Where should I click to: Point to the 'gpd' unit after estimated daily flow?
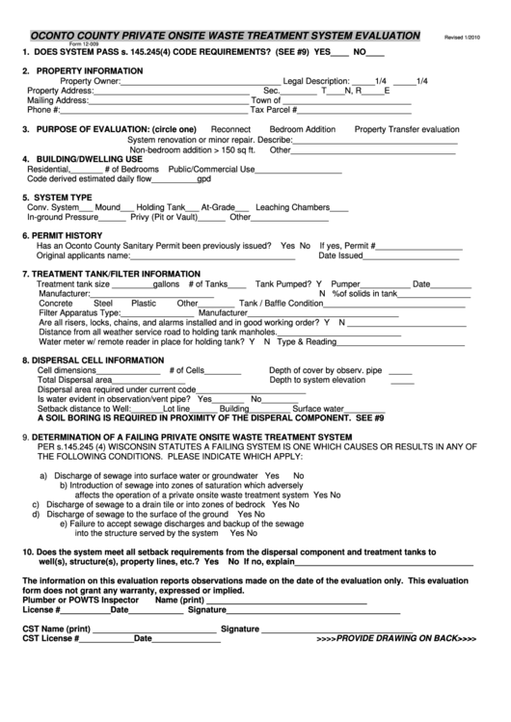click(203, 179)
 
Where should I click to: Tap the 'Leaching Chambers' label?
click(293, 207)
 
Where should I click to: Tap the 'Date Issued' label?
click(340, 255)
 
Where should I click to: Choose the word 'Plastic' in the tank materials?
click(144, 303)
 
